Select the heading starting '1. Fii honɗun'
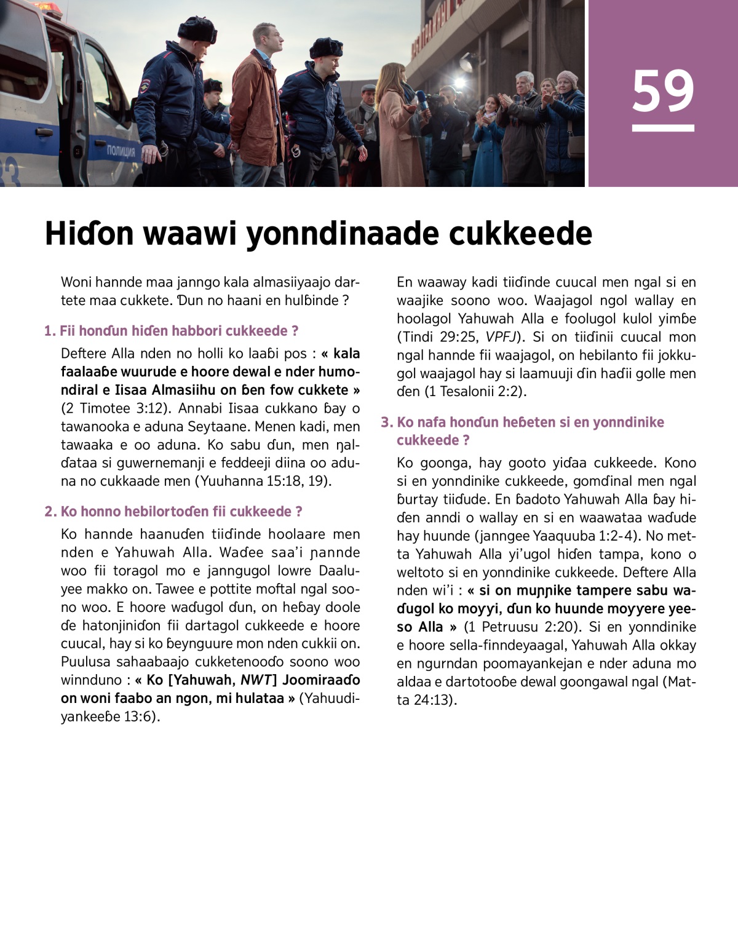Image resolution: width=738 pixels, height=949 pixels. (171, 331)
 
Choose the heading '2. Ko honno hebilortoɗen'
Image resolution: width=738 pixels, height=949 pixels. (173, 512)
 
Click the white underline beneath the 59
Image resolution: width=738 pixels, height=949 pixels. (663, 128)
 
